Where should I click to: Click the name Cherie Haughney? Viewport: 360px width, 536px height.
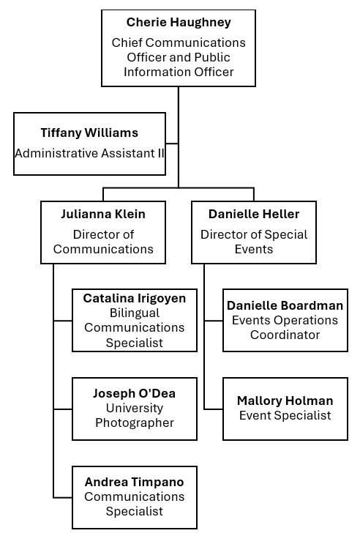pyautogui.click(x=179, y=23)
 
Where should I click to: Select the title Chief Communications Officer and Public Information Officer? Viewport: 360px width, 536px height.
pyautogui.click(x=179, y=57)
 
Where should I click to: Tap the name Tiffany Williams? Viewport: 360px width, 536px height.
pyautogui.click(x=89, y=133)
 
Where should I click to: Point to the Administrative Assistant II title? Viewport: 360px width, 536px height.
pyautogui.click(x=89, y=153)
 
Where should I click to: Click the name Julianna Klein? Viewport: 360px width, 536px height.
pyautogui.click(x=103, y=215)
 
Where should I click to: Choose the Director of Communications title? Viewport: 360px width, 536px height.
pyautogui.click(x=103, y=242)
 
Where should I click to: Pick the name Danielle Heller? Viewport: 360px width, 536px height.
pyautogui.click(x=254, y=215)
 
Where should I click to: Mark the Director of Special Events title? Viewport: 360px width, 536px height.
pyautogui.click(x=254, y=242)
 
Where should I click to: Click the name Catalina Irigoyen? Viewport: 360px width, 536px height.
pyautogui.click(x=135, y=298)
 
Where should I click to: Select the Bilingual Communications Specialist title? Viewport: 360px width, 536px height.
pyautogui.click(x=135, y=327)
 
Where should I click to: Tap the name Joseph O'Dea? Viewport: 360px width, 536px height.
pyautogui.click(x=135, y=393)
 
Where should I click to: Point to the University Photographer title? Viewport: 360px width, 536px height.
pyautogui.click(x=135, y=415)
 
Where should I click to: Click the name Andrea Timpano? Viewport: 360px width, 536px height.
pyautogui.click(x=135, y=482)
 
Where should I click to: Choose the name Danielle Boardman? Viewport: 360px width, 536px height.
pyautogui.click(x=285, y=305)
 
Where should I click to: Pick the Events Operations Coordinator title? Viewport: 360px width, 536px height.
pyautogui.click(x=285, y=327)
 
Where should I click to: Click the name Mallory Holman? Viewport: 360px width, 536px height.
pyautogui.click(x=285, y=401)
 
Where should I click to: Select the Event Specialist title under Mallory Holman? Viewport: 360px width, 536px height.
pyautogui.click(x=285, y=415)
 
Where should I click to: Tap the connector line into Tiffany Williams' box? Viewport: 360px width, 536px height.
pyautogui.click(x=172, y=143)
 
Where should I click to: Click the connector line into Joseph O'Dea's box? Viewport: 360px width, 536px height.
pyautogui.click(x=63, y=409)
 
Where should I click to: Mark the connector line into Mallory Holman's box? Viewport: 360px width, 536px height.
pyautogui.click(x=214, y=409)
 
